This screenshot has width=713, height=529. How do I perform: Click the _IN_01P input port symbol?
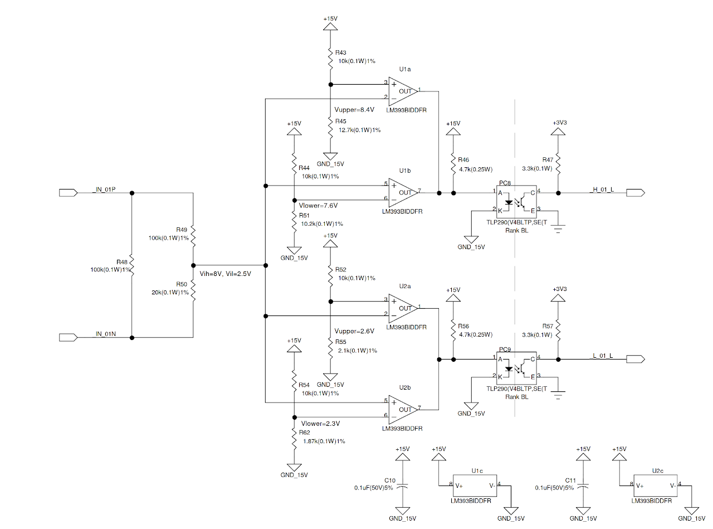(x=68, y=193)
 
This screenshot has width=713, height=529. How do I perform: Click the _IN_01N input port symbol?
(x=68, y=337)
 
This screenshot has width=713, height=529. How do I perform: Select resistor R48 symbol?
(x=132, y=266)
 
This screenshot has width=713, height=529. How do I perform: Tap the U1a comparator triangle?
(x=402, y=91)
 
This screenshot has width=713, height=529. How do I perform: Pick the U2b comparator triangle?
(x=402, y=409)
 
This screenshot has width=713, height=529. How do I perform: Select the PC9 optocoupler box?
(x=516, y=367)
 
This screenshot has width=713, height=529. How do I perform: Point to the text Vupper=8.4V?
(x=354, y=110)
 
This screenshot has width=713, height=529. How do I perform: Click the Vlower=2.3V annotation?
(x=319, y=424)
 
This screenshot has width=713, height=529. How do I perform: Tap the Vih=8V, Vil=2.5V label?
(x=225, y=274)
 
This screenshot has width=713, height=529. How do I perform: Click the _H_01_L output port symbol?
(x=635, y=193)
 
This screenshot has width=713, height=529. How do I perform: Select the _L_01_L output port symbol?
(x=635, y=358)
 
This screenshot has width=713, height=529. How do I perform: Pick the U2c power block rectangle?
(x=657, y=486)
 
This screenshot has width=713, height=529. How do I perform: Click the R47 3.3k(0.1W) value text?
(x=537, y=168)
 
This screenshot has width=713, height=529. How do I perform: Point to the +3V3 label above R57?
(x=559, y=289)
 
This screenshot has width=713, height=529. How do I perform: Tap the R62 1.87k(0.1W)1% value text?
(x=324, y=441)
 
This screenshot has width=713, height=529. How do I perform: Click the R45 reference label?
(x=340, y=121)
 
